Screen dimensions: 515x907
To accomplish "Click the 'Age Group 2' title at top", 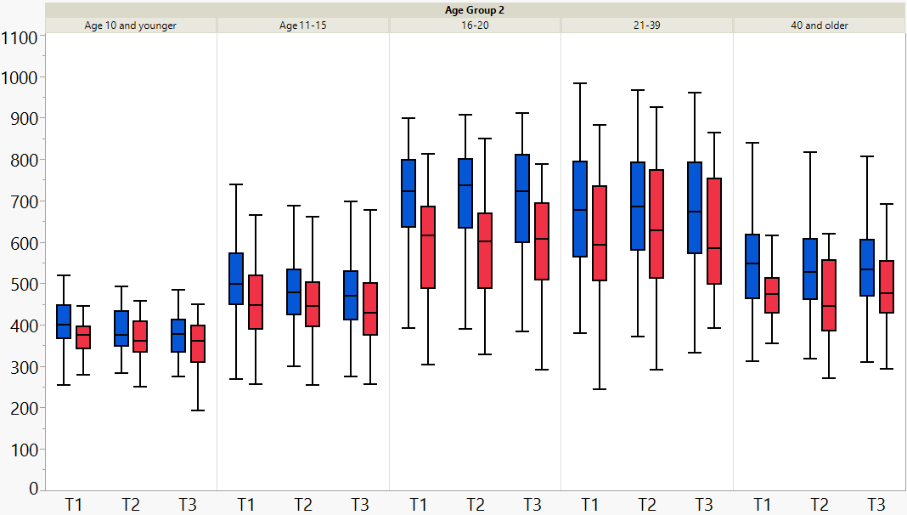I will [x=475, y=10].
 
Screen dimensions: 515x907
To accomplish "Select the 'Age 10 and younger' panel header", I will [x=131, y=25].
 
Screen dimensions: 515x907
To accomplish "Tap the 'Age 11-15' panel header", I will [x=303, y=25].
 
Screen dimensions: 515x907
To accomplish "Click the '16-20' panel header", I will [x=475, y=25].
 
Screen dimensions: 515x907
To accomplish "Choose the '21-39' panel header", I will [x=647, y=25].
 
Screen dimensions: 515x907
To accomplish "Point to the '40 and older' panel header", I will [x=819, y=25].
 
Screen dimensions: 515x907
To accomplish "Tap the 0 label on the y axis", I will [x=33, y=490].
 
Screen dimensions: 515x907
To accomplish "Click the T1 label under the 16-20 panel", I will [x=418, y=504].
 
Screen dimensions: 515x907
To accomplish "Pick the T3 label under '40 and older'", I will [x=876, y=504].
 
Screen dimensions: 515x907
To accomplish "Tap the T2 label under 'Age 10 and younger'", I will [x=131, y=504].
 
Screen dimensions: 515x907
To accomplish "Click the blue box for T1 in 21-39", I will [x=580, y=209].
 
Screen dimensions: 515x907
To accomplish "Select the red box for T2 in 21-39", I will [x=656, y=224].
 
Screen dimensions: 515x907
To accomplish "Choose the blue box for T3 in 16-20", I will [x=522, y=198].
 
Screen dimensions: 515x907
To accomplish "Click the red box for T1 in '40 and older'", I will [x=770, y=295].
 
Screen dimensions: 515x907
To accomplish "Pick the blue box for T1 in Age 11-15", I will [x=236, y=279].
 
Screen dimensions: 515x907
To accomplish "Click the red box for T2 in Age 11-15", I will [x=312, y=303].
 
